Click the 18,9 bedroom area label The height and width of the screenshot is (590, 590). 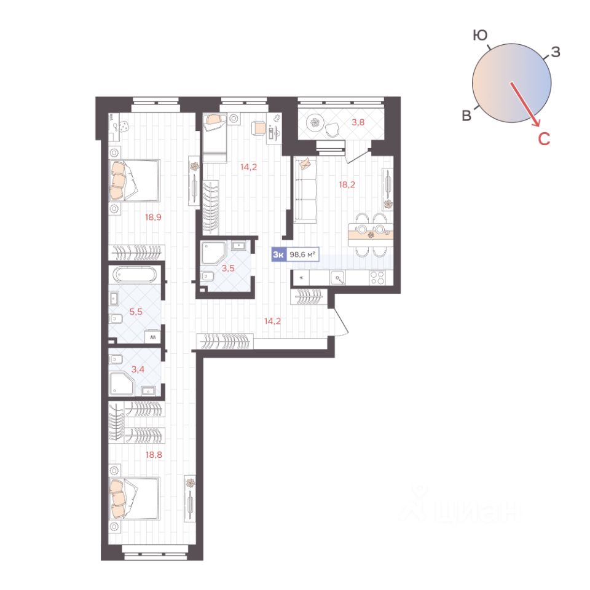click(x=153, y=217)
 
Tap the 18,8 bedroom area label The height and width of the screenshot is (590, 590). click(x=154, y=455)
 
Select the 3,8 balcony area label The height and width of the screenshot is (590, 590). click(x=358, y=122)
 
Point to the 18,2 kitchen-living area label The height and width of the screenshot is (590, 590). click(x=347, y=184)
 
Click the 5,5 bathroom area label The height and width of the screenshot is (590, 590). click(x=136, y=312)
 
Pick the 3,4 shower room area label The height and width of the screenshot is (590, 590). click(x=138, y=369)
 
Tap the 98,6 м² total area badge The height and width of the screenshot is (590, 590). click(x=302, y=254)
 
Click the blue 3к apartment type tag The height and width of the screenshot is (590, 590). click(x=278, y=254)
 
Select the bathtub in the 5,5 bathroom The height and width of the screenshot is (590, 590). click(x=135, y=275)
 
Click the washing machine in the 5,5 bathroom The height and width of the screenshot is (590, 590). click(x=153, y=336)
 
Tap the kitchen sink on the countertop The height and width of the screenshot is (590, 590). click(x=337, y=278)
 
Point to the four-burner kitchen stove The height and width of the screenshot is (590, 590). click(x=377, y=278)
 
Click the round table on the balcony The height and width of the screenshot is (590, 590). click(x=315, y=122)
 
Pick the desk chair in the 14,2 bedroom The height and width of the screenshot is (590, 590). click(x=259, y=128)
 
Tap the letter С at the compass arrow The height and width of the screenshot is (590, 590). click(x=544, y=139)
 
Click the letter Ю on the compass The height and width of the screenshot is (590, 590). click(x=481, y=36)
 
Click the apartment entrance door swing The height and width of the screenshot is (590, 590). click(x=341, y=320)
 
